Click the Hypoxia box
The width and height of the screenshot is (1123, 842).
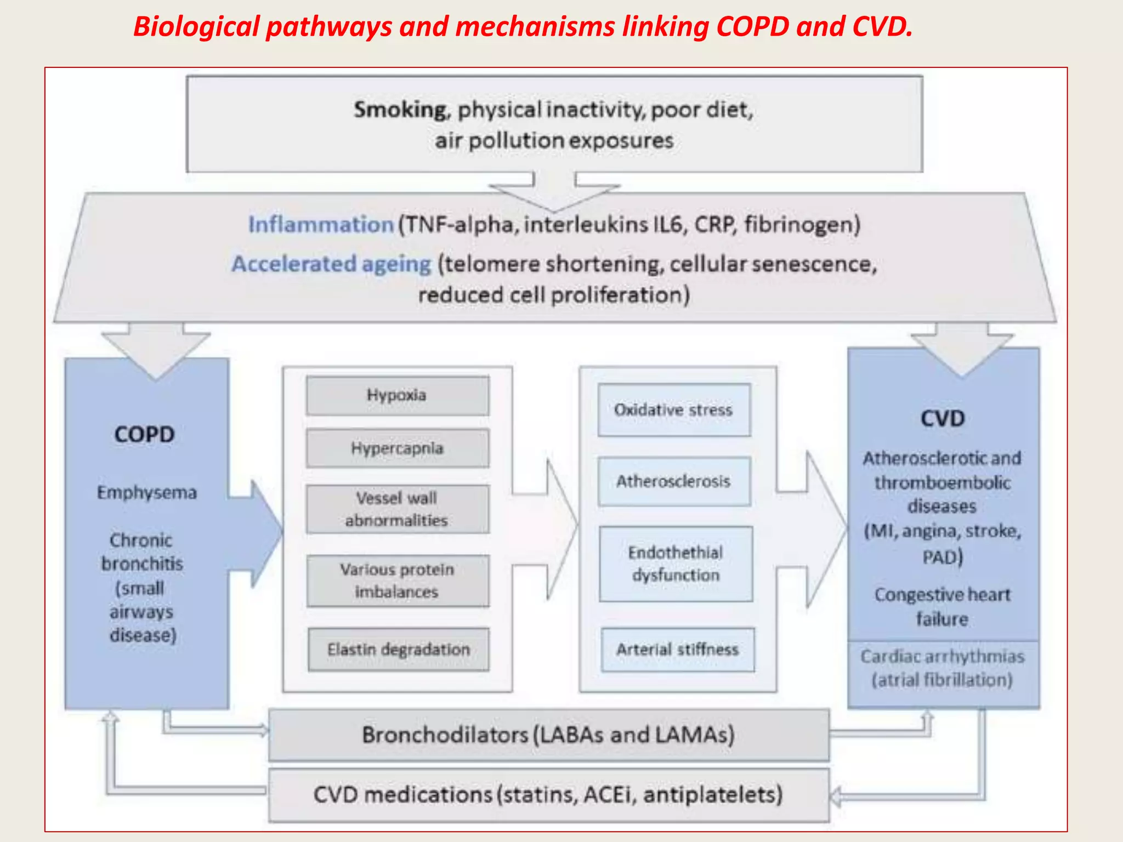tap(397, 395)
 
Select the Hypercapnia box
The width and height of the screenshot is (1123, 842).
tap(397, 448)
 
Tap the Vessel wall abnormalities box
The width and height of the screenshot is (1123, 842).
tap(397, 509)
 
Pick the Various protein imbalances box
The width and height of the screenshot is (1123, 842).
tap(397, 581)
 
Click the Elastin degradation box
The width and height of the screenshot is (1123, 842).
tap(398, 650)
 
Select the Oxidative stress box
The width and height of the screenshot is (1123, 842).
tap(673, 410)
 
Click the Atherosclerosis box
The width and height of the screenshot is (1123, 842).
tap(673, 481)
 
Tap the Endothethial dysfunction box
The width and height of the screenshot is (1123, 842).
tap(676, 564)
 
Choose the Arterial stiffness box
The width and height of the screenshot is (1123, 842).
tap(677, 650)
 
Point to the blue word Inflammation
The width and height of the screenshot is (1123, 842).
tap(321, 225)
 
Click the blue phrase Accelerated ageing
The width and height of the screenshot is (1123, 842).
tap(331, 264)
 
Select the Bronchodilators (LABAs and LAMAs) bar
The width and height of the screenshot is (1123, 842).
tap(548, 735)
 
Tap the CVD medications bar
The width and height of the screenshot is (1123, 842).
tap(548, 795)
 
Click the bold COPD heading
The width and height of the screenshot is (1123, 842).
tap(144, 435)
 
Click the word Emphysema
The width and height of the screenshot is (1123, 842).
tap(146, 492)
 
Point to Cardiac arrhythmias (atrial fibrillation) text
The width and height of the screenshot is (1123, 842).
tap(942, 668)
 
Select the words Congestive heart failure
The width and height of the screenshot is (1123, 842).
tap(942, 607)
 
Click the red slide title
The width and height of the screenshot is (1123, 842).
tap(523, 26)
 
